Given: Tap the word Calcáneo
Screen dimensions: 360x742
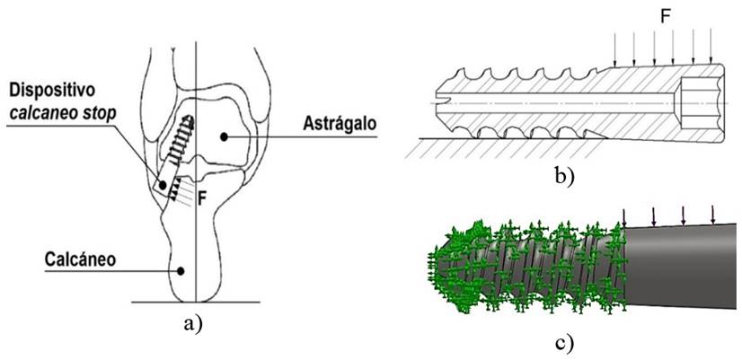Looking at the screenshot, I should (83, 259).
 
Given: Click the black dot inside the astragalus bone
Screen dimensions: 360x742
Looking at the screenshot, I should (222, 136).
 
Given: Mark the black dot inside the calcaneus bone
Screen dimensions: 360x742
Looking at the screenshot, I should (181, 268).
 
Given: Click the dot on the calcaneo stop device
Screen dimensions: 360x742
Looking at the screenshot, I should (163, 186).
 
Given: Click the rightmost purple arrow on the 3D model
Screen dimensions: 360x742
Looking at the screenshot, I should (713, 214).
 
